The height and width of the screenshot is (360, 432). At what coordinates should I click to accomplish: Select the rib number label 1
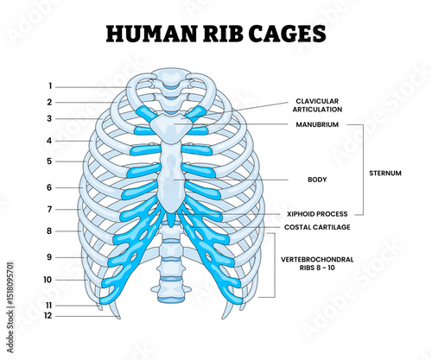click(x=50, y=86)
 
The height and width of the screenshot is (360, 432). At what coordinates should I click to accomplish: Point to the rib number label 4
click(x=49, y=141)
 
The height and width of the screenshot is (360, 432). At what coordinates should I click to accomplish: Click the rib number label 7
click(x=49, y=209)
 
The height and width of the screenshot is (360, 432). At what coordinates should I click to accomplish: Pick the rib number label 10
click(x=48, y=280)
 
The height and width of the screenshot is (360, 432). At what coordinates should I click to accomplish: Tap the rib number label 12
click(x=48, y=316)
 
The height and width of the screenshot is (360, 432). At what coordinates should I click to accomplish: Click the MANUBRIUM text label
click(x=317, y=124)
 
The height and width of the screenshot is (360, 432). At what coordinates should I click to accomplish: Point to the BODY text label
click(x=317, y=180)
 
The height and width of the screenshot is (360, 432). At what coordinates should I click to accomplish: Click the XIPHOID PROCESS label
click(x=317, y=214)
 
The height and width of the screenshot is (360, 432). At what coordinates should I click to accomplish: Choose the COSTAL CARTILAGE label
click(x=317, y=227)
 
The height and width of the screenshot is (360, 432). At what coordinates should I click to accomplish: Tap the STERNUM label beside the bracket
click(x=385, y=173)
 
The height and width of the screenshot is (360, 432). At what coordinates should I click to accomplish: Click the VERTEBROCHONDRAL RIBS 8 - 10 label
click(x=317, y=263)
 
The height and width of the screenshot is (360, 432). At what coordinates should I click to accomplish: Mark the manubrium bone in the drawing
click(x=171, y=126)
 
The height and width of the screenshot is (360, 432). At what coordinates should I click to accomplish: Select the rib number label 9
click(x=49, y=257)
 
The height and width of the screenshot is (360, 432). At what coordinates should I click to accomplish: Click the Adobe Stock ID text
click(x=10, y=307)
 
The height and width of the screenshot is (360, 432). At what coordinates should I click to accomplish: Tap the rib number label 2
click(x=49, y=102)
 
